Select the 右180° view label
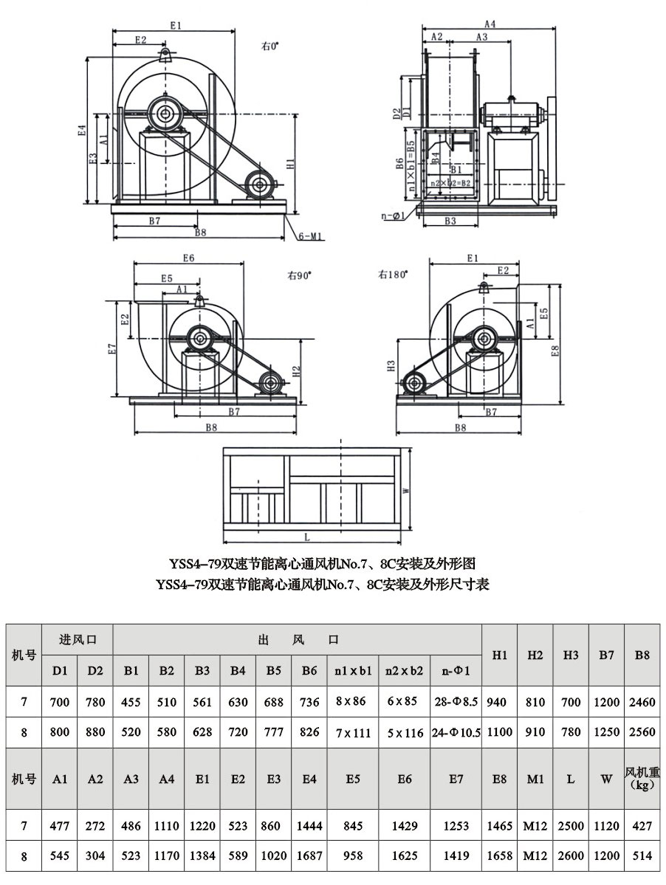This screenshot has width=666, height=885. click(393, 275)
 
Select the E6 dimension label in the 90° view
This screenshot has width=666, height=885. click(188, 259)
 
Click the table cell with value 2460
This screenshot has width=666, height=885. click(642, 702)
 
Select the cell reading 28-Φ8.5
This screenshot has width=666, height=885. click(455, 702)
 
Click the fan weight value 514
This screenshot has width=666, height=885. click(642, 857)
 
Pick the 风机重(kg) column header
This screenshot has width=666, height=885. click(642, 779)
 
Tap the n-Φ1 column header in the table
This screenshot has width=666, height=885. click(455, 671)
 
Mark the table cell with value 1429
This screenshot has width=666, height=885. click(404, 827)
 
